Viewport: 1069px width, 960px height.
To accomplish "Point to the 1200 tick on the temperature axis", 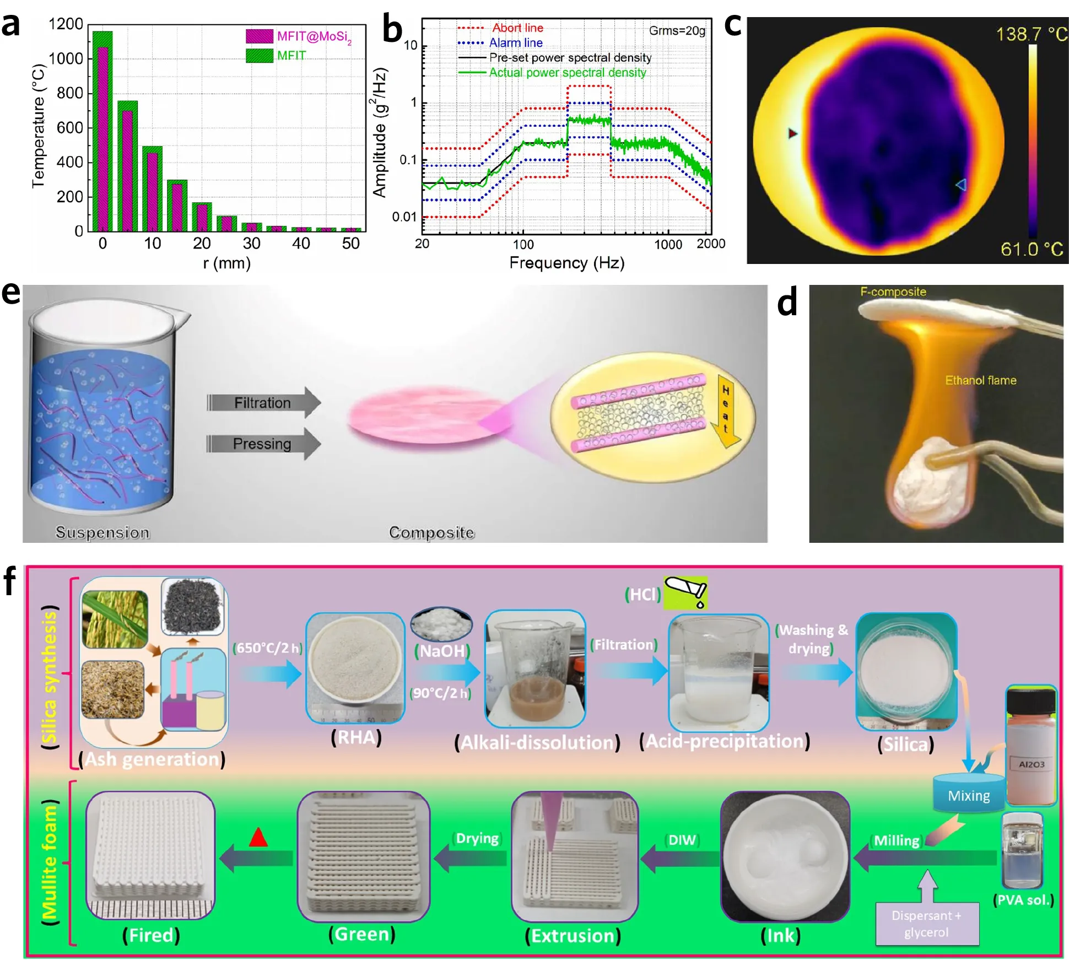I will pyautogui.click(x=66, y=24).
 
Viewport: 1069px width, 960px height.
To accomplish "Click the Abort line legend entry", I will pyautogui.click(x=517, y=28).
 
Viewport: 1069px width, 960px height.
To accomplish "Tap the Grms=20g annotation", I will pyautogui.click(x=677, y=31).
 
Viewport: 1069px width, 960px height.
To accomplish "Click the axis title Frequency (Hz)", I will pyautogui.click(x=566, y=263).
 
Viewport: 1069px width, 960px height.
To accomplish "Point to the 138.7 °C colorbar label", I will pyautogui.click(x=1030, y=34).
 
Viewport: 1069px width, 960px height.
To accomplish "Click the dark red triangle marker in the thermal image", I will pyautogui.click(x=792, y=133).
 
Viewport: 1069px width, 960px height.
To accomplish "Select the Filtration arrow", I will pyautogui.click(x=263, y=402).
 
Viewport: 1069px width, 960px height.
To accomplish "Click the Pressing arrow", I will pyautogui.click(x=263, y=444).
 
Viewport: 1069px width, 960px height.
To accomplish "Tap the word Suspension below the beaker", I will pyautogui.click(x=102, y=532).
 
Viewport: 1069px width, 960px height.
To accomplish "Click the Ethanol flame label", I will pyautogui.click(x=980, y=380).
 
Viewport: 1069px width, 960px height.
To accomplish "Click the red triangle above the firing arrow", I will pyautogui.click(x=258, y=838).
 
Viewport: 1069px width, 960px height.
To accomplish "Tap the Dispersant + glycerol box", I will pyautogui.click(x=927, y=924).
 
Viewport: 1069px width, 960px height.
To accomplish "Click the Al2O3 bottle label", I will pyautogui.click(x=1031, y=764).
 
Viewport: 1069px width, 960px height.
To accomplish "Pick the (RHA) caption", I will pyautogui.click(x=356, y=737).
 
